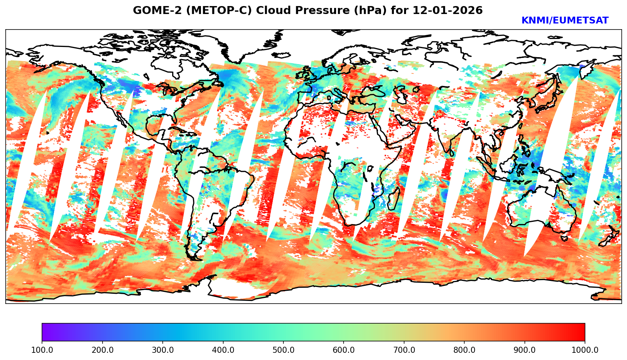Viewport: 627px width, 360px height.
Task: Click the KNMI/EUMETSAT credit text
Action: click(x=565, y=21)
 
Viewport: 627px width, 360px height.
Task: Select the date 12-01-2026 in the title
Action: click(x=448, y=11)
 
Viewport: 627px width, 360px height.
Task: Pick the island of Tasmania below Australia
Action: click(x=564, y=238)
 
